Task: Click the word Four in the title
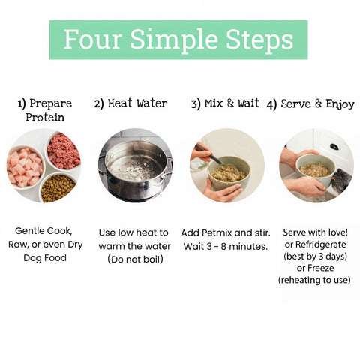pos(93,39)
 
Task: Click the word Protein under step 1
pos(45,117)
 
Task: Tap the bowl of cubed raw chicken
pos(25,167)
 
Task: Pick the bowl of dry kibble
pos(58,188)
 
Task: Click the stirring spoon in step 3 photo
pos(217,158)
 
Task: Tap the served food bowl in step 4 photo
pos(316,169)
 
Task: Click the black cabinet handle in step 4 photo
pos(334,147)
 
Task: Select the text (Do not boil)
pos(135,259)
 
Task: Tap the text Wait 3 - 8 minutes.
pos(226,247)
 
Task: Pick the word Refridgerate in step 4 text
pos(320,244)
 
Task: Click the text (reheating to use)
pos(314,280)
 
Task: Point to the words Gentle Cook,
pos(43,231)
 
